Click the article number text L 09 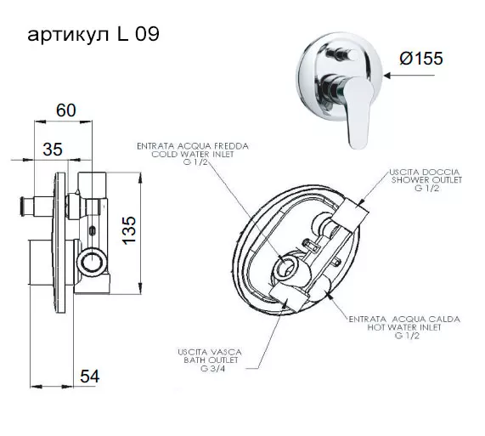138,34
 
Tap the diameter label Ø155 421,58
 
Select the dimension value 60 66,110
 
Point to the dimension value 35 53,149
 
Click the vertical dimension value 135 129,230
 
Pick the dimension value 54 90,377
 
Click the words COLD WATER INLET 193,154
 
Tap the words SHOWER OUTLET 426,180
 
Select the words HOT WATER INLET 404,327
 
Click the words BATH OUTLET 211,360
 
